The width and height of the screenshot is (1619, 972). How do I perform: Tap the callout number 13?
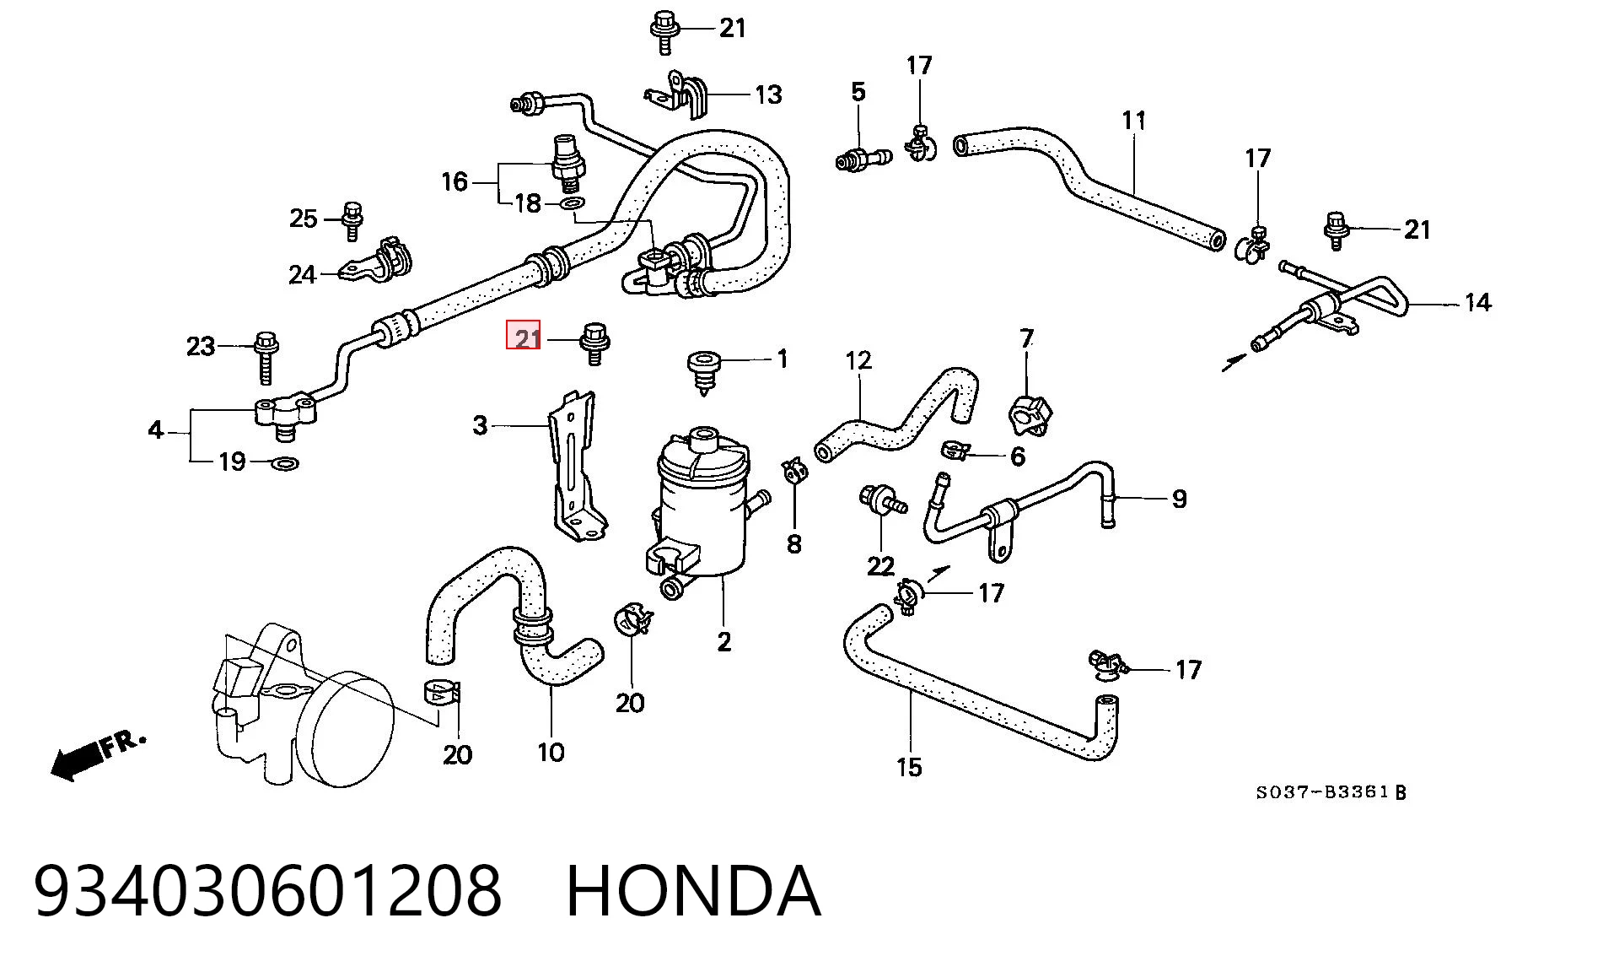click(x=768, y=94)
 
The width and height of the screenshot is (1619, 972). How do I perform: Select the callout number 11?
click(x=1134, y=121)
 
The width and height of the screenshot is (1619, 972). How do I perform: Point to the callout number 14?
click(x=1477, y=302)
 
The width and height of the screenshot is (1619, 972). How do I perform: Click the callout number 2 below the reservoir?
click(x=724, y=642)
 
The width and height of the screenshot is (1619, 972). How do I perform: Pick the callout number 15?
click(x=909, y=767)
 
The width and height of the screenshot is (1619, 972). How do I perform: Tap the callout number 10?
click(x=551, y=752)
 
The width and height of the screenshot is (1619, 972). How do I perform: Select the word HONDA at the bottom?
click(x=693, y=891)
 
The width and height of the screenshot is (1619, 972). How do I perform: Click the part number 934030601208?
click(x=268, y=891)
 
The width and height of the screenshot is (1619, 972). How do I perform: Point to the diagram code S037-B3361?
click(x=1322, y=792)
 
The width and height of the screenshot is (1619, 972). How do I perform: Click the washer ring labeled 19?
click(x=286, y=463)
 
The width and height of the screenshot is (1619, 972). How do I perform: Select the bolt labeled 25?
click(x=353, y=221)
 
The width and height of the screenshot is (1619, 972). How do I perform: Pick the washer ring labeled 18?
click(x=573, y=203)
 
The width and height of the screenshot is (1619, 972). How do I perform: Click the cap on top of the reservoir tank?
click(x=702, y=440)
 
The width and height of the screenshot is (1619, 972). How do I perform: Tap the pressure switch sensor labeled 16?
click(x=568, y=163)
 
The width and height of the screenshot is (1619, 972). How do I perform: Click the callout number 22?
click(x=880, y=565)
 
